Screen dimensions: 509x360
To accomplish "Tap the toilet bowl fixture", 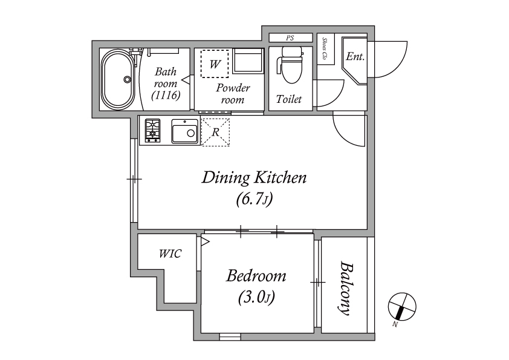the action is click(291, 65).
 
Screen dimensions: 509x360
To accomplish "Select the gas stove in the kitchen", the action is click(152, 131).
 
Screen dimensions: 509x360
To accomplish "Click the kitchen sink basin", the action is click(185, 131).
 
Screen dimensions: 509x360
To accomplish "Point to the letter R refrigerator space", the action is click(216, 133).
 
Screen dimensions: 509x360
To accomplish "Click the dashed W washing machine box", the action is click(215, 64).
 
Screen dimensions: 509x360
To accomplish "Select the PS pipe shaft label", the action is click(290, 38).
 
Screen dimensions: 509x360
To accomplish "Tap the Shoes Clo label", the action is click(324, 49).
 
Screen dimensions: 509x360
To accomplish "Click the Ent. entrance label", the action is click(355, 56).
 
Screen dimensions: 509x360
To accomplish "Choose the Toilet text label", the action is click(289, 99).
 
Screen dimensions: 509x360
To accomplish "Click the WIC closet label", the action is click(170, 254).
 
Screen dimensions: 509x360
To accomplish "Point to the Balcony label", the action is click(346, 288).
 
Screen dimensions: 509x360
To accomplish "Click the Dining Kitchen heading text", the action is click(254, 178).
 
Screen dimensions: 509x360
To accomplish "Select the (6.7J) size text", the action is click(254, 199).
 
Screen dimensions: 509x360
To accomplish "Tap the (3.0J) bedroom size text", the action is click(256, 298).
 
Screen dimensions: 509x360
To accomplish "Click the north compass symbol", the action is click(402, 306).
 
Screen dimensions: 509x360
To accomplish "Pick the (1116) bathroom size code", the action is click(166, 95).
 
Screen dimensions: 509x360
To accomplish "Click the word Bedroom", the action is click(256, 276).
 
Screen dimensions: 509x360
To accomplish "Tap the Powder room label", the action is click(233, 94).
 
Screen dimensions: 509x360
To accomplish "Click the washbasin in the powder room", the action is click(248, 61).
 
